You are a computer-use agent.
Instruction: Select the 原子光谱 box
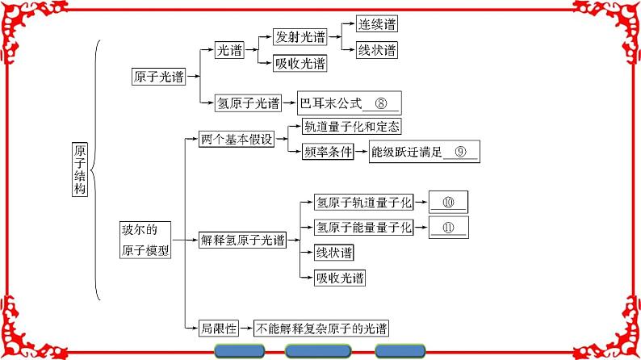(157, 77)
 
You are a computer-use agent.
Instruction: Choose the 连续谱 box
(377, 24)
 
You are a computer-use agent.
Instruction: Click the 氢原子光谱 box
(248, 103)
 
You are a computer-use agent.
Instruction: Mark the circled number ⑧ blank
(382, 103)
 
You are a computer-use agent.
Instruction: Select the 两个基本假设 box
(237, 139)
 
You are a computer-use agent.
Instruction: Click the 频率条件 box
(327, 152)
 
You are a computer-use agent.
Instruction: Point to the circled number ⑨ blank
(460, 152)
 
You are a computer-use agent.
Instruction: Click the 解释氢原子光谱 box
(242, 240)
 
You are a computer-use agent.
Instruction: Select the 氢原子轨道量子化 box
(363, 201)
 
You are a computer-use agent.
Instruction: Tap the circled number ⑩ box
(448, 202)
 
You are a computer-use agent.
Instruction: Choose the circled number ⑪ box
(448, 227)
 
